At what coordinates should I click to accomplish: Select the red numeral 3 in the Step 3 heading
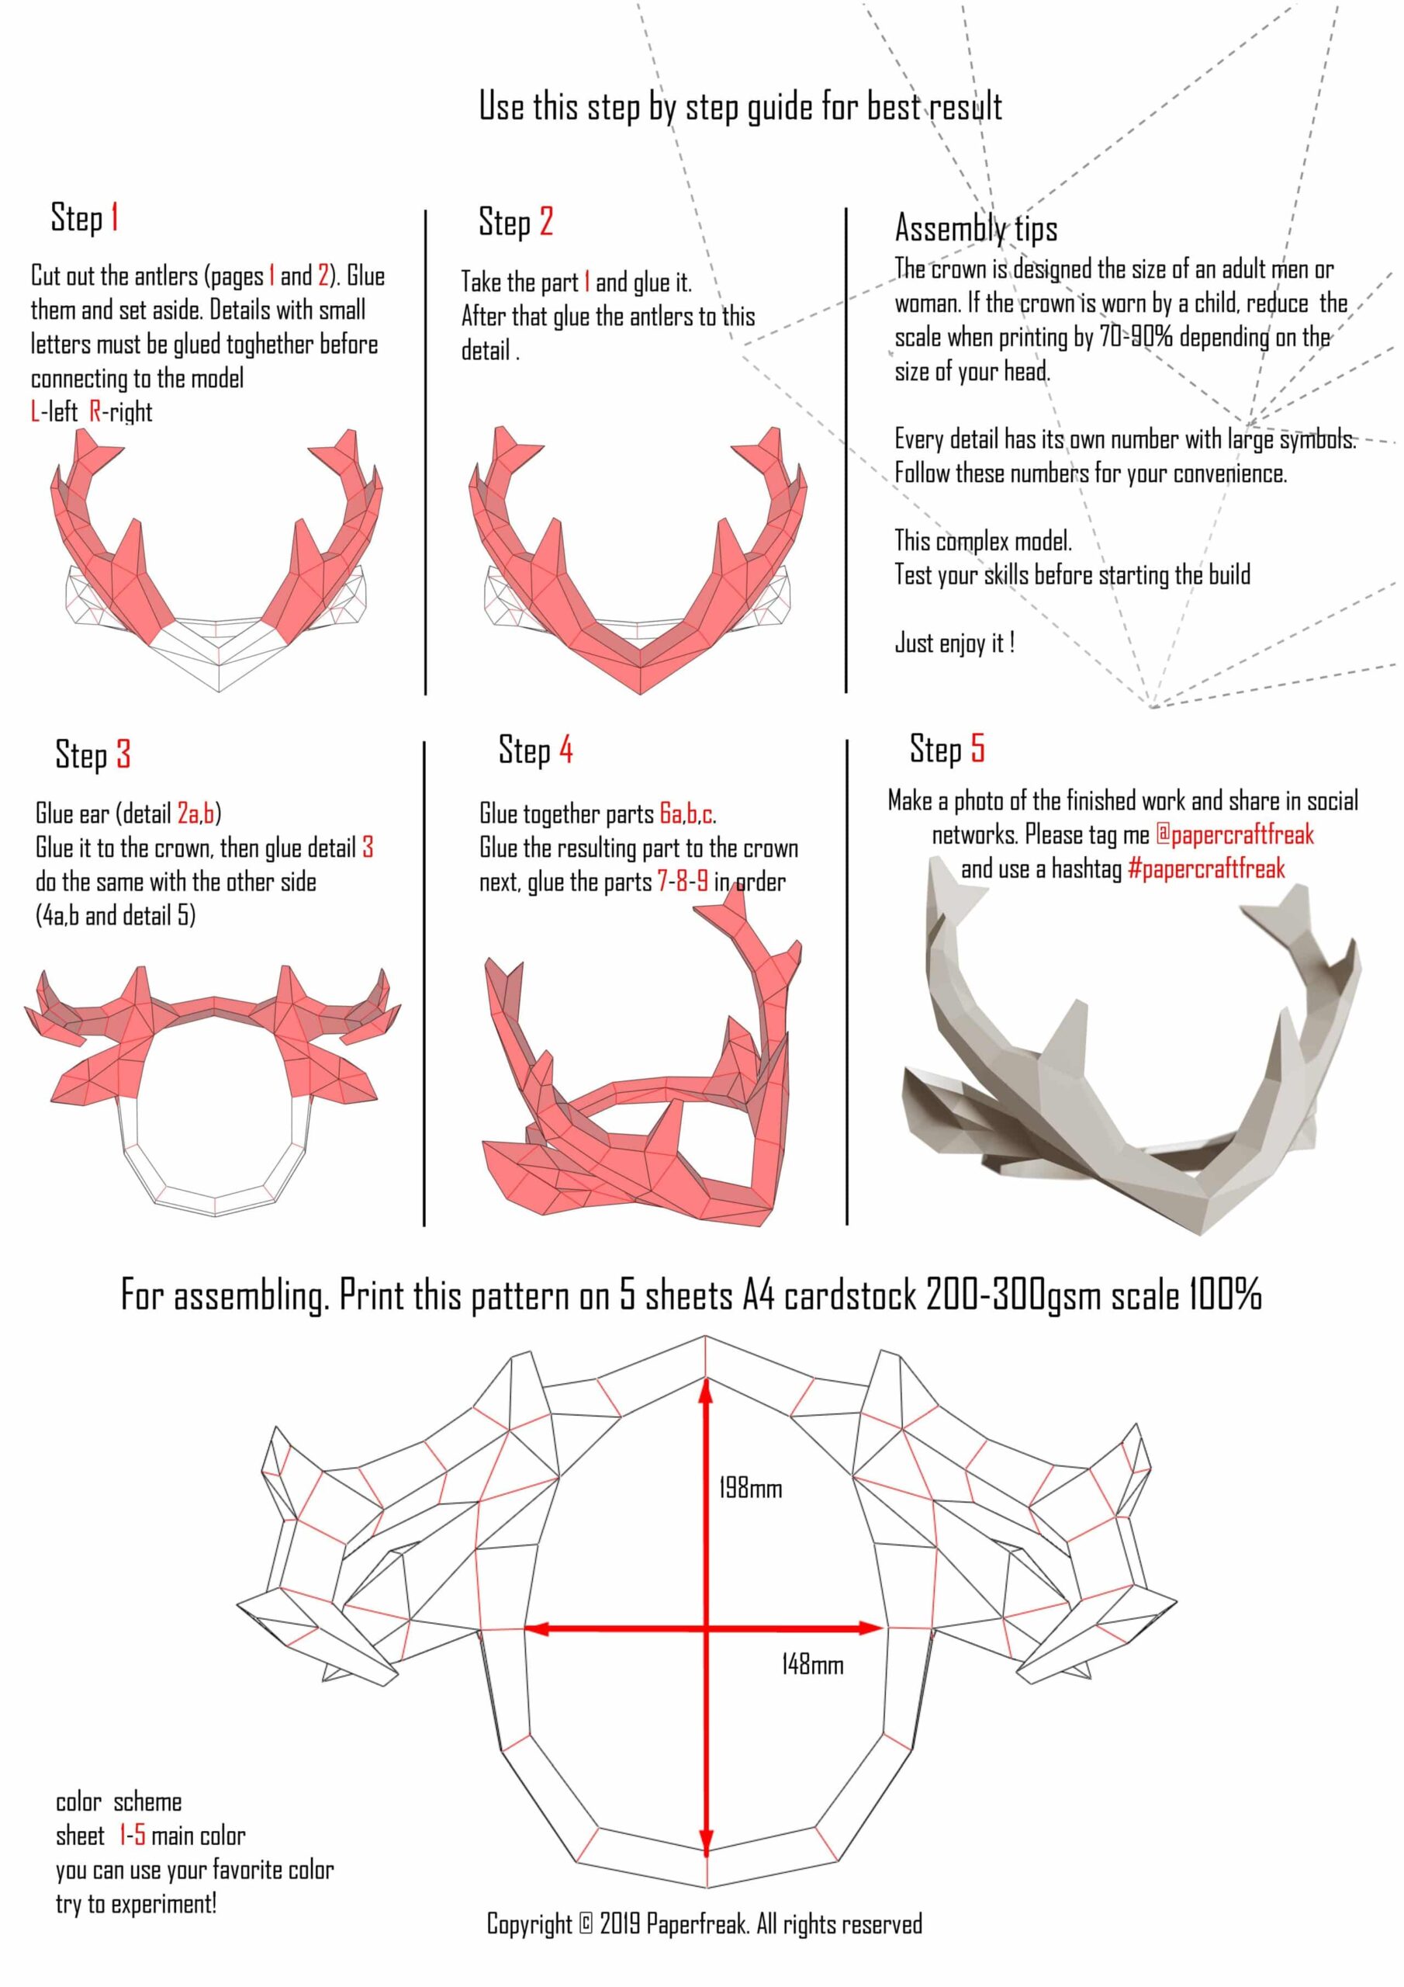coord(123,754)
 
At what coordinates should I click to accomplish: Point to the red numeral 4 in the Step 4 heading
coord(565,750)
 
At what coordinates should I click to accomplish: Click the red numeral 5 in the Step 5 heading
coord(977,748)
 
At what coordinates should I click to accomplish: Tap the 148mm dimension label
coord(811,1664)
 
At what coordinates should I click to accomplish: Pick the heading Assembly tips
coord(976,228)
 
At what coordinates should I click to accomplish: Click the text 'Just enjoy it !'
coord(955,643)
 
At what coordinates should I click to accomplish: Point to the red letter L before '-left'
coord(35,411)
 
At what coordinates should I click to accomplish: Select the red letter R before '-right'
coord(95,411)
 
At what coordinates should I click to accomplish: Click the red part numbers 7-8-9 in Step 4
coord(683,881)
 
